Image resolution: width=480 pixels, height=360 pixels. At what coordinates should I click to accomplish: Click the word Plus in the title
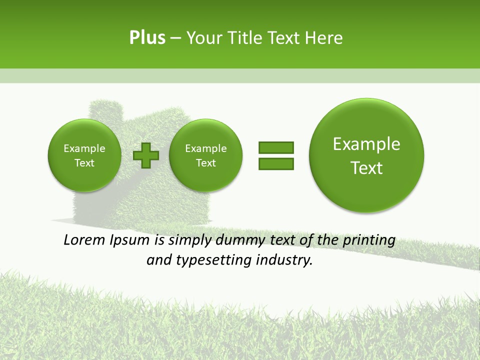pyautogui.click(x=147, y=38)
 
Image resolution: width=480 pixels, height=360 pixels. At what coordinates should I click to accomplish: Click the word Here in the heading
pyautogui.click(x=324, y=38)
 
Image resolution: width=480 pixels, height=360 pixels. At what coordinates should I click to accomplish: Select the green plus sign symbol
pyautogui.click(x=146, y=155)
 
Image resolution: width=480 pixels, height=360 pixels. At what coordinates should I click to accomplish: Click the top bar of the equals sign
pyautogui.click(x=276, y=147)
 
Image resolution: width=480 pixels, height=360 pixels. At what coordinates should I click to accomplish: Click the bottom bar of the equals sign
pyautogui.click(x=276, y=163)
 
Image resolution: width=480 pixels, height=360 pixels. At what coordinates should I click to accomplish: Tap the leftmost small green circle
pyautogui.click(x=84, y=155)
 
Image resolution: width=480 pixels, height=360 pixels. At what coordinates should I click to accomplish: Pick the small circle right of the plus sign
pyautogui.click(x=205, y=155)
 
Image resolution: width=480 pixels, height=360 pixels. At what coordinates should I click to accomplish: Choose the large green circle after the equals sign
pyautogui.click(x=366, y=155)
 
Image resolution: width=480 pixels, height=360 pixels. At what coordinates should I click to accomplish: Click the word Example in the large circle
pyautogui.click(x=366, y=144)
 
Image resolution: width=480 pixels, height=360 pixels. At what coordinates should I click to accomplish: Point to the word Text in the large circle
pyautogui.click(x=366, y=168)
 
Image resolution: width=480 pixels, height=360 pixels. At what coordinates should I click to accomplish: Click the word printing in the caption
pyautogui.click(x=369, y=240)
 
